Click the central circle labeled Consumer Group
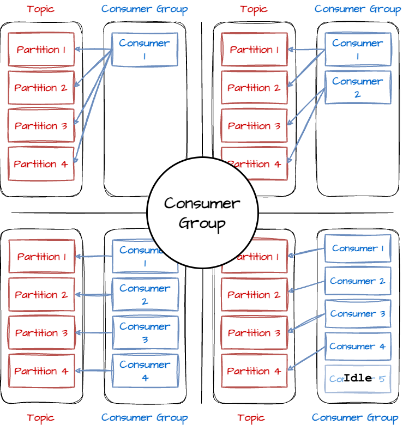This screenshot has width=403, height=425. pyautogui.click(x=202, y=212)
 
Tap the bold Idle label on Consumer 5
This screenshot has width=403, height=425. pyautogui.click(x=358, y=378)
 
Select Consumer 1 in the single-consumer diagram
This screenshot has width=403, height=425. pyautogui.click(x=145, y=50)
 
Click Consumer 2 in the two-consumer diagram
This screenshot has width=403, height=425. pyautogui.click(x=358, y=87)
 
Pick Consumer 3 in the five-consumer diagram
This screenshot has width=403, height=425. pyautogui.click(x=358, y=314)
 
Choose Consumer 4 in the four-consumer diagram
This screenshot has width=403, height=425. pyautogui.click(x=145, y=371)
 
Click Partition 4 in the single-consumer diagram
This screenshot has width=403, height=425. pyautogui.click(x=41, y=163)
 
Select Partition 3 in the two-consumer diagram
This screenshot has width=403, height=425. pyautogui.click(x=254, y=125)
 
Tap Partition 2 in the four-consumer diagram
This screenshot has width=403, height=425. pyautogui.click(x=41, y=295)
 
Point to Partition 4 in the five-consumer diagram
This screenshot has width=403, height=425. pyautogui.click(x=254, y=371)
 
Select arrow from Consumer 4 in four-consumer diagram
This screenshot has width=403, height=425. pyautogui.click(x=94, y=371)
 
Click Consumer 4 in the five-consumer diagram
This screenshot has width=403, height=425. pyautogui.click(x=358, y=347)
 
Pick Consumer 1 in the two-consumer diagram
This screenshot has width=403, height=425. pyautogui.click(x=358, y=50)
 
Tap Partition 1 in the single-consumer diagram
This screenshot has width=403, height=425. pyautogui.click(x=41, y=50)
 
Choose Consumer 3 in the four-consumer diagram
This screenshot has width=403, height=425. pyautogui.click(x=145, y=332)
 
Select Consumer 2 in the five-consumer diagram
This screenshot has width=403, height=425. pyautogui.click(x=358, y=281)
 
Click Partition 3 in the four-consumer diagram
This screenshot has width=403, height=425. pyautogui.click(x=41, y=333)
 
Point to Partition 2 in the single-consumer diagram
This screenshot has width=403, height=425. pyautogui.click(x=41, y=88)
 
